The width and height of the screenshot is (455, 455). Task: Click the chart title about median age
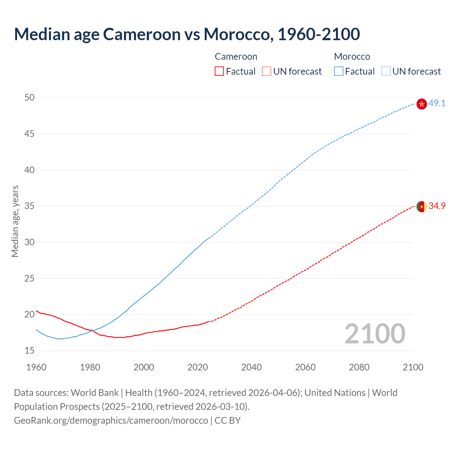coord(187,34)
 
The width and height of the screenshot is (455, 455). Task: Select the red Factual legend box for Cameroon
coord(219,71)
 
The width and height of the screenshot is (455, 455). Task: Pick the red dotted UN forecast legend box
coord(267,71)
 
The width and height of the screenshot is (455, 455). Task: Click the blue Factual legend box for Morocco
coord(338,71)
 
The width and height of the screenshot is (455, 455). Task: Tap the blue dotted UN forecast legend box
coord(386,71)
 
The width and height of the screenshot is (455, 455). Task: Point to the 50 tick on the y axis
coord(30,97)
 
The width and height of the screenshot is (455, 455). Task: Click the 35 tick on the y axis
coord(30,206)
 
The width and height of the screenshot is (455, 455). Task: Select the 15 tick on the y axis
coord(30,350)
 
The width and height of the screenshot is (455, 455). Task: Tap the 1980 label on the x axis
coord(90,367)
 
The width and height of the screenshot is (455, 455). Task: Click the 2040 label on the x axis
coord(251,367)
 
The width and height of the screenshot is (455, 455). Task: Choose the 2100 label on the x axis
coord(413,367)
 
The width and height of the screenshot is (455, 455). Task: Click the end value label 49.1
coord(437,103)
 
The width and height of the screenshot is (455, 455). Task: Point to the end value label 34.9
coord(437,206)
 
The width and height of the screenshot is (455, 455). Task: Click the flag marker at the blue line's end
coord(422,104)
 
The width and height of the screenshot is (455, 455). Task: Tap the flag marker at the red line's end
coord(422,207)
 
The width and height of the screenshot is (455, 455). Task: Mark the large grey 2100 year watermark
coord(375,334)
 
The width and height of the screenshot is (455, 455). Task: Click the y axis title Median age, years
coord(15,221)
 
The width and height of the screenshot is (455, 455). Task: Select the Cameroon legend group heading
coord(236,57)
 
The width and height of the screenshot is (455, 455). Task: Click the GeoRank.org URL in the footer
coord(111,421)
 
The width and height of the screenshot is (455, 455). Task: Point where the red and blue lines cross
coord(92,331)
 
